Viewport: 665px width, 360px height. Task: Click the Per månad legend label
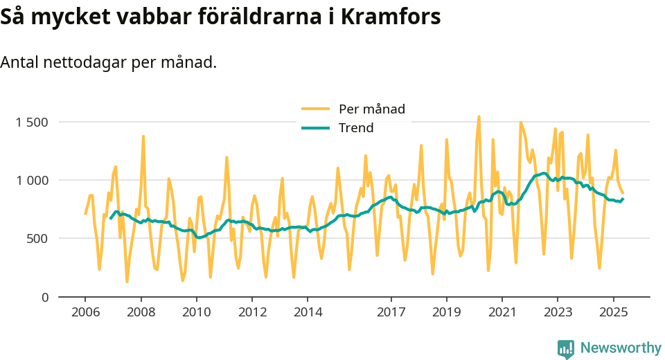371,109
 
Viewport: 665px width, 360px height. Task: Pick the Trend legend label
356,127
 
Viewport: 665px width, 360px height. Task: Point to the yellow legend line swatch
316,109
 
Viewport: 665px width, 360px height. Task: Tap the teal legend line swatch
316,127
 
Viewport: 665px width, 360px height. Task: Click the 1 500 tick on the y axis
32,123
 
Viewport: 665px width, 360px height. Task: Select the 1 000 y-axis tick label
32,181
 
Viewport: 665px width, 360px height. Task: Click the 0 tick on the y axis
44,297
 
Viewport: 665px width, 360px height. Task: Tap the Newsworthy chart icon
566,348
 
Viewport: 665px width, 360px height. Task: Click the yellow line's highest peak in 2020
479,116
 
